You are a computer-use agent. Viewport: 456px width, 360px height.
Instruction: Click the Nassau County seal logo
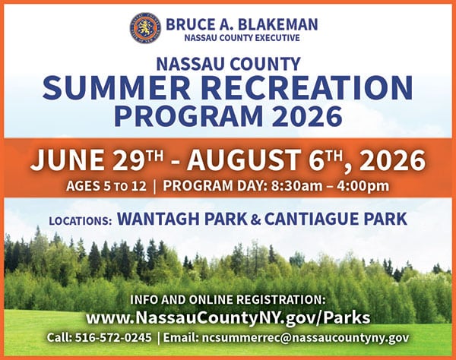tap(145, 28)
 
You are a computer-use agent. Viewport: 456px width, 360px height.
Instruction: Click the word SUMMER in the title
tap(116, 87)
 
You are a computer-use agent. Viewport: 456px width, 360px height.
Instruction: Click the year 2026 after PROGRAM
tap(307, 115)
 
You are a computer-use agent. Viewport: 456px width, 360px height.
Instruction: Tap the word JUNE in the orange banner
tap(67, 159)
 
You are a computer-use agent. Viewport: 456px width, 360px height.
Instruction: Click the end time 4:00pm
tap(363, 186)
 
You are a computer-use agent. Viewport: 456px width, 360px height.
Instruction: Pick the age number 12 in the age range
tap(138, 186)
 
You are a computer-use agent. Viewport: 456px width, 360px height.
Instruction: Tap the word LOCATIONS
tap(81, 221)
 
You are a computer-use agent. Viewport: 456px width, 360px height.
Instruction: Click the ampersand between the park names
tap(255, 219)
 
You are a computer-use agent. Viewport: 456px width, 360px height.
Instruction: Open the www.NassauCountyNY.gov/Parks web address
tap(228, 317)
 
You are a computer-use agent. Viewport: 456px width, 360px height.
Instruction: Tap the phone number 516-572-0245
tap(113, 338)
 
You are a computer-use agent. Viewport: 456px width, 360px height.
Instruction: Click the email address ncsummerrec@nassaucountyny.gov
tap(305, 338)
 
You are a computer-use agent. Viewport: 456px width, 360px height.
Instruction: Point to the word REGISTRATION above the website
tap(280, 299)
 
